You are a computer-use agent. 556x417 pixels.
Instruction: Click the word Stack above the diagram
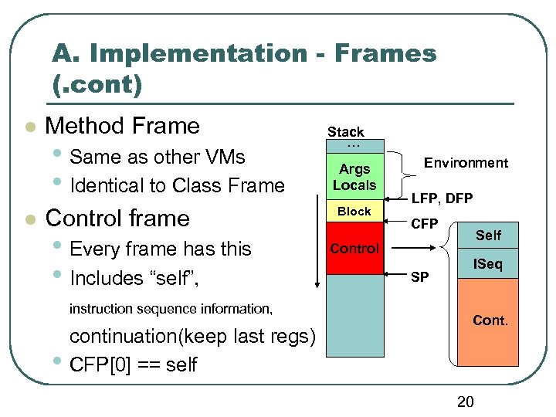[x=345, y=132]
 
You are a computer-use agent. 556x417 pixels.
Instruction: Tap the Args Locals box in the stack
[x=354, y=177]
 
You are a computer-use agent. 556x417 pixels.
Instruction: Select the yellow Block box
[x=354, y=212]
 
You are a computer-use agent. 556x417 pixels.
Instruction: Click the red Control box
[x=354, y=249]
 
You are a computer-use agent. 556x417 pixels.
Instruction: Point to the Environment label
[x=466, y=163]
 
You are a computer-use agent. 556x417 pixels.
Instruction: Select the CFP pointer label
[x=424, y=225]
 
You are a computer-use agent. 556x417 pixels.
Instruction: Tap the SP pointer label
[x=419, y=276]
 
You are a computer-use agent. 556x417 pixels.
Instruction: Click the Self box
[x=488, y=235]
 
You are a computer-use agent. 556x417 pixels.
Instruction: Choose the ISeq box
[x=488, y=265]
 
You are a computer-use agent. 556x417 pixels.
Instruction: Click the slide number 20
[x=466, y=401]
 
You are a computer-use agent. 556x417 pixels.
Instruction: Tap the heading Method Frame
[x=123, y=126]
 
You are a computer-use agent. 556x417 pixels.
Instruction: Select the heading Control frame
[x=117, y=218]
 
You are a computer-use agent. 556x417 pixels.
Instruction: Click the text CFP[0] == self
[x=134, y=364]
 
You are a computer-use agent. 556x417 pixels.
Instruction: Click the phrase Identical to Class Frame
[x=177, y=185]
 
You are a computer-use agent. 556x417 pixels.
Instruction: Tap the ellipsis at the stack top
[x=354, y=145]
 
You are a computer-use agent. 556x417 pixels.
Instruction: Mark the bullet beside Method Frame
[x=29, y=127]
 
